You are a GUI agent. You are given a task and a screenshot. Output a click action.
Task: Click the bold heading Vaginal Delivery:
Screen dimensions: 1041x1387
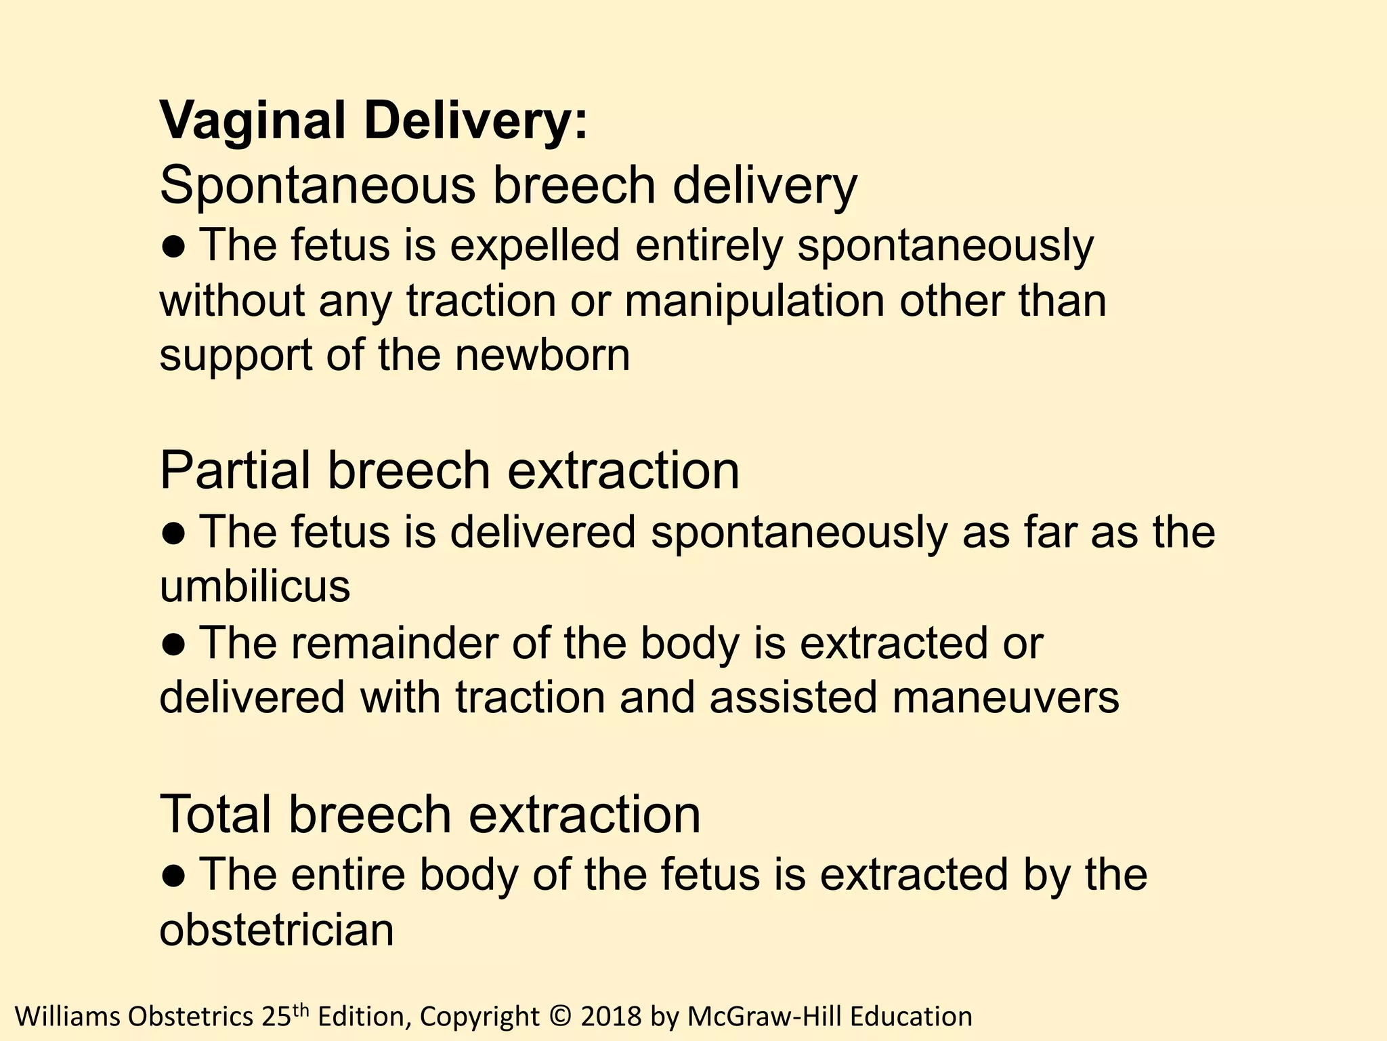pos(374,121)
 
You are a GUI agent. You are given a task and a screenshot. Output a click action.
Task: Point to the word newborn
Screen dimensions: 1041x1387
pos(542,355)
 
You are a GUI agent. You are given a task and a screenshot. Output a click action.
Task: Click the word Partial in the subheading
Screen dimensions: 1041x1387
pos(235,470)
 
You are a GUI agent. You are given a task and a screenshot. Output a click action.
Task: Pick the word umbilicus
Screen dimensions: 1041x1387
pos(255,586)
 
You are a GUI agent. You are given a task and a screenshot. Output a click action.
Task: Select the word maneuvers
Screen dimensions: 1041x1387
pos(1006,697)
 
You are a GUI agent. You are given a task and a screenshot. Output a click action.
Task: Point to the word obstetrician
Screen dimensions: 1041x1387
pos(276,929)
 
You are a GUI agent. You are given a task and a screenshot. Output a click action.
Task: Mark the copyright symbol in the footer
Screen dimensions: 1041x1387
pos(557,1017)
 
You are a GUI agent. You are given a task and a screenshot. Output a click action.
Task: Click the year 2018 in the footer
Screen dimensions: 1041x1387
pos(611,1017)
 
